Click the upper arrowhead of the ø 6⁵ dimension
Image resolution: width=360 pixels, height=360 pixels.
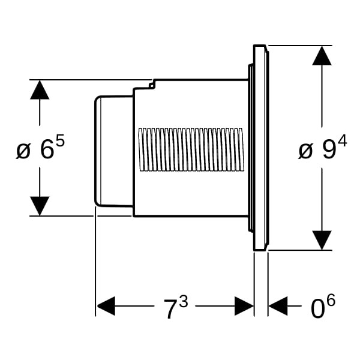(x=40, y=90)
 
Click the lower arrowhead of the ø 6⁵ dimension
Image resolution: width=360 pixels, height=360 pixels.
(x=40, y=206)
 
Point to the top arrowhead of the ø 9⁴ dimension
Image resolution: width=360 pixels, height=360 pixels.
(x=322, y=55)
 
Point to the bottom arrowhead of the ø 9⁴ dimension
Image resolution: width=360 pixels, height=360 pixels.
(x=322, y=240)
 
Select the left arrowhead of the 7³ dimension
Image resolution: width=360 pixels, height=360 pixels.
(x=106, y=306)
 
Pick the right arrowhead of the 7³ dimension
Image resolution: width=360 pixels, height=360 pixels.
(x=244, y=306)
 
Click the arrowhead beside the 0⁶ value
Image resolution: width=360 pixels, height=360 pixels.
(x=277, y=306)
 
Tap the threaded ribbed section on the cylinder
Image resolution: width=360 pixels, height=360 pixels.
(x=191, y=149)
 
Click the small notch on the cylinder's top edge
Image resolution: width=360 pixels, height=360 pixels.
(x=152, y=85)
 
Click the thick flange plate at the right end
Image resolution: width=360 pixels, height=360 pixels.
(x=261, y=148)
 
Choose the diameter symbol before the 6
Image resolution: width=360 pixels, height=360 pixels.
(x=23, y=151)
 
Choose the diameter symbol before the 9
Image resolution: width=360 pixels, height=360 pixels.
(x=305, y=151)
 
